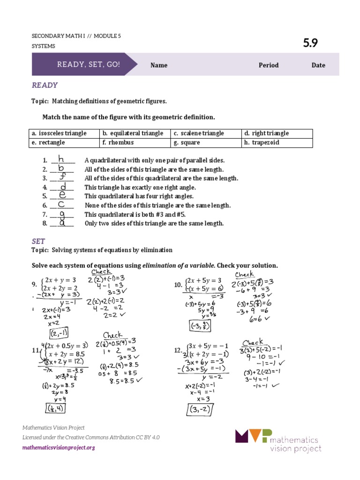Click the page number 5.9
point(310,43)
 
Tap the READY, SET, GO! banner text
point(89,64)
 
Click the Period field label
point(269,65)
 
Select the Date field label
point(318,65)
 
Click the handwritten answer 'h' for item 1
point(61,159)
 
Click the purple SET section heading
point(38,241)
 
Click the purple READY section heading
point(45,85)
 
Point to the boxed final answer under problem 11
point(55,409)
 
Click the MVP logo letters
point(253,436)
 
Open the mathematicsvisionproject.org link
point(59,448)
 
